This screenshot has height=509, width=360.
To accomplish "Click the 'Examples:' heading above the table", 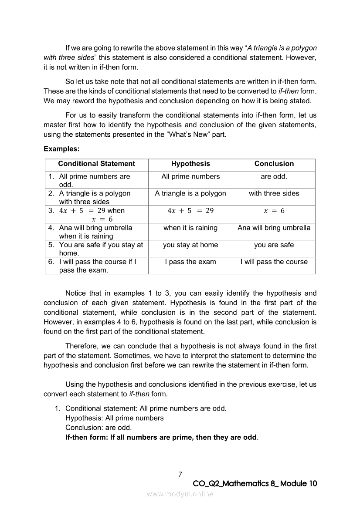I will coord(61,149).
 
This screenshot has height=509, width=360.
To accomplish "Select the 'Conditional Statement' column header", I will coord(96,164).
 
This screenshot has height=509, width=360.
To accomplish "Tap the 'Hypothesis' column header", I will coord(190,164).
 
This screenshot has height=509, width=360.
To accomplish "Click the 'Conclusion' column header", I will coord(274,164).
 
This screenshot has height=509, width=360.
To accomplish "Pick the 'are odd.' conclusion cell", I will coord(274,176).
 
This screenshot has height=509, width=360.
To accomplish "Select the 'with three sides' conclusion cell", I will coord(274,193).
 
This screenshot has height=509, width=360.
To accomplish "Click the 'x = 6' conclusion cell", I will coord(274,211).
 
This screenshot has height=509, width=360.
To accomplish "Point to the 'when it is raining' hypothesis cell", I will coord(190,228).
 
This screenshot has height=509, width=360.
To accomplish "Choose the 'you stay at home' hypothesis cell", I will coord(190,245).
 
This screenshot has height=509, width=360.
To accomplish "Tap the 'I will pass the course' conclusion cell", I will coord(274,262).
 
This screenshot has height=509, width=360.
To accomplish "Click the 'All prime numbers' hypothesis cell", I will coord(190,176).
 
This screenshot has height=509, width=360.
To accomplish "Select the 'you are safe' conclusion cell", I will coord(274,245).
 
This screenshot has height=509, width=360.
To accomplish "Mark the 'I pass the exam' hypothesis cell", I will coord(190,262).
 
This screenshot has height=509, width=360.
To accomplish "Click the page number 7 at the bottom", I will coord(180,474).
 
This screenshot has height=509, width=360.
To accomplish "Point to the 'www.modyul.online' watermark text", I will coord(180,494).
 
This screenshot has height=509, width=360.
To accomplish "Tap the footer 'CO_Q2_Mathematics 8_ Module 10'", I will coord(255,484).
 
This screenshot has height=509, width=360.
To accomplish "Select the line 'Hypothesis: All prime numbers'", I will coord(115,418).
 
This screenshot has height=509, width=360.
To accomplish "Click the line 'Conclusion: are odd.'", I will coord(98,428).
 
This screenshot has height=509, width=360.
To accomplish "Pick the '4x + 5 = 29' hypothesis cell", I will coord(190,211).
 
